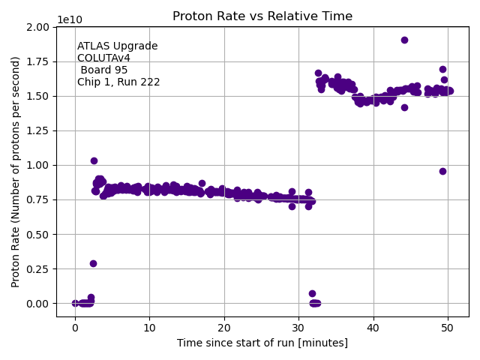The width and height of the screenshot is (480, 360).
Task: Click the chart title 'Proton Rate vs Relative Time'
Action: tap(262, 16)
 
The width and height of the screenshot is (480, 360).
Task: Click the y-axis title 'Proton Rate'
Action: tap(16, 172)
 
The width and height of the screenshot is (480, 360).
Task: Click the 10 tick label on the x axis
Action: tap(149, 328)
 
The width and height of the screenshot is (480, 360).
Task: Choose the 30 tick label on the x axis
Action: tap(298, 328)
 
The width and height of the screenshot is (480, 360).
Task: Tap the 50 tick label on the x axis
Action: tap(448, 328)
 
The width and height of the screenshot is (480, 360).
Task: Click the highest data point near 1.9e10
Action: tap(404, 40)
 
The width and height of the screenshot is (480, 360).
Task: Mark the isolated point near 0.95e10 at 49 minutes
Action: tap(442, 171)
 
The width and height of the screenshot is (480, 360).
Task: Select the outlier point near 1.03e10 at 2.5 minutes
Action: tap(94, 160)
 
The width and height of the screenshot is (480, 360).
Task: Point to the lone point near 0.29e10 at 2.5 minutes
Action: tap(93, 263)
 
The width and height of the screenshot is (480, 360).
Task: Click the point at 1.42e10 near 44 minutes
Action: tap(404, 107)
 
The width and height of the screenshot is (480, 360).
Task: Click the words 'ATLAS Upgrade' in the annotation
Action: tap(117, 46)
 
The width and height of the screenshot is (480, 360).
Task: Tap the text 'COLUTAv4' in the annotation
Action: tap(103, 58)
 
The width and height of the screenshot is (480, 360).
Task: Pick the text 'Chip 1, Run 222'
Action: tap(118, 82)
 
